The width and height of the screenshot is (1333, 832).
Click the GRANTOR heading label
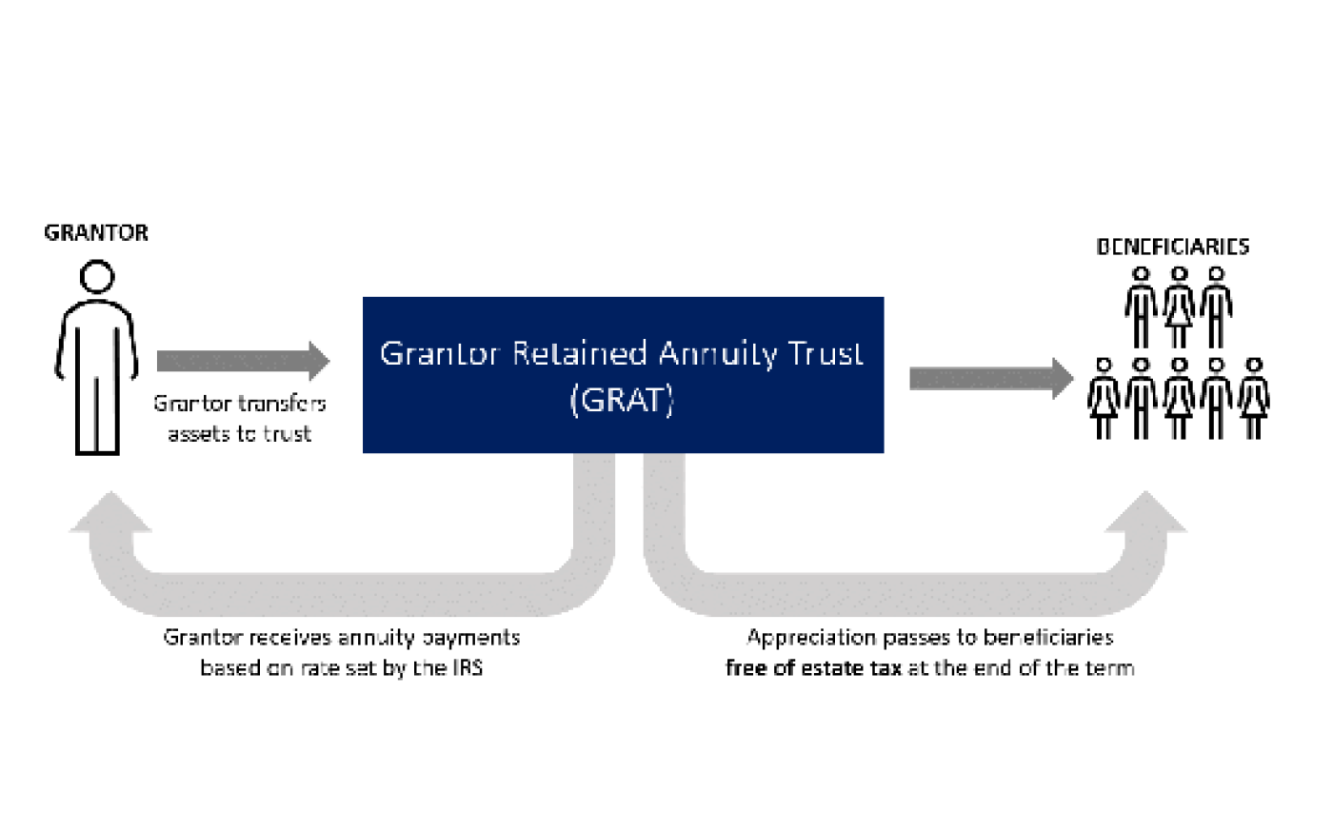pyautogui.click(x=96, y=232)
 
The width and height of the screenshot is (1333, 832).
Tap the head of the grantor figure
pyautogui.click(x=97, y=276)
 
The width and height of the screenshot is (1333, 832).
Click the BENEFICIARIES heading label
pyautogui.click(x=1172, y=247)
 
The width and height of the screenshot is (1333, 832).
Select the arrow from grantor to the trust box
pyautogui.click(x=243, y=361)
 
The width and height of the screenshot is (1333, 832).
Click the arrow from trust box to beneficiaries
pyautogui.click(x=991, y=379)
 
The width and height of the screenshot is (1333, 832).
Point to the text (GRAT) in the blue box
pyautogui.click(x=622, y=401)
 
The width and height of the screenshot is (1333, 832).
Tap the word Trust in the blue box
pyautogui.click(x=826, y=353)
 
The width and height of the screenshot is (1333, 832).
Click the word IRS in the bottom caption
pyautogui.click(x=468, y=667)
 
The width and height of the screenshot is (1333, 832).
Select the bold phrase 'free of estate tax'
pyautogui.click(x=813, y=668)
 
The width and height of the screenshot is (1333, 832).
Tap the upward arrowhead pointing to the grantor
pyautogui.click(x=110, y=512)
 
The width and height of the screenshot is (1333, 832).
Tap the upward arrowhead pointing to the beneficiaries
pyautogui.click(x=1146, y=512)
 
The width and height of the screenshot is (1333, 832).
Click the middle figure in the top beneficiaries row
pyautogui.click(x=1179, y=307)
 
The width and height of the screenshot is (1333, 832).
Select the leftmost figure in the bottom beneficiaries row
pyautogui.click(x=1104, y=399)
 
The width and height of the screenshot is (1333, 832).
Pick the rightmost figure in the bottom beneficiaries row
pyautogui.click(x=1254, y=399)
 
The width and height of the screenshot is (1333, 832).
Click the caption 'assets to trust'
pyautogui.click(x=240, y=434)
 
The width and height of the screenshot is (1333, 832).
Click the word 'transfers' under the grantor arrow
pyautogui.click(x=282, y=404)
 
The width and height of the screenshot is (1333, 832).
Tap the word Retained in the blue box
pyautogui.click(x=580, y=353)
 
